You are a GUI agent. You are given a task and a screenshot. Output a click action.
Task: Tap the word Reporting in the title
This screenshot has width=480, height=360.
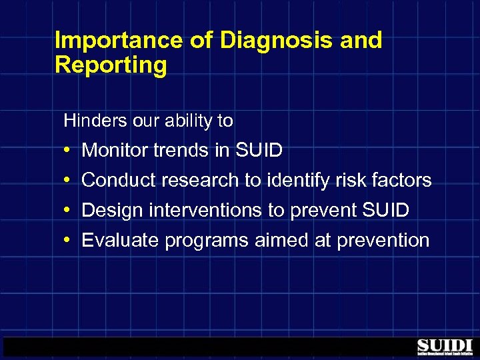click(x=111, y=65)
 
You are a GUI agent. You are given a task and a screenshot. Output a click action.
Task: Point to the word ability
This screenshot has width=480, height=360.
click(x=189, y=121)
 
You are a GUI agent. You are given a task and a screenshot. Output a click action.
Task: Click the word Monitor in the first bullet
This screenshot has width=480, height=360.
click(x=115, y=151)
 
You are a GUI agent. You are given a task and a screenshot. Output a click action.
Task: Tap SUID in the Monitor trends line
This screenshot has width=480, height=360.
click(x=259, y=151)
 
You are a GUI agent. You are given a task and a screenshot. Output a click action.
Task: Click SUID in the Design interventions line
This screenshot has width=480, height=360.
click(x=385, y=210)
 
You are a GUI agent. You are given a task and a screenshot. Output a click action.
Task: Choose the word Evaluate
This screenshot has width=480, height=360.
click(x=120, y=240)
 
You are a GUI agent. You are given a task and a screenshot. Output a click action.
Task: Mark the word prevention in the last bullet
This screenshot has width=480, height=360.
click(x=383, y=240)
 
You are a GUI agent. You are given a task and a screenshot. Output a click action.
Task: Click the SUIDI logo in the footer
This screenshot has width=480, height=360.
click(x=444, y=347)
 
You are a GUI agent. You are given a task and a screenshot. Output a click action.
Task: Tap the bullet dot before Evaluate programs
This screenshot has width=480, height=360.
click(x=69, y=240)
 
